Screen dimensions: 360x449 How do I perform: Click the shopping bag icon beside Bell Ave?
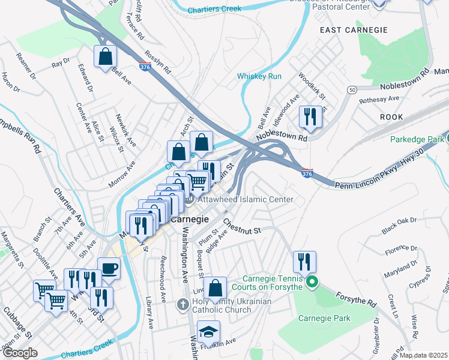(105, 58)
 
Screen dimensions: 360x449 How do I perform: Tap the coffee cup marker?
(109, 268)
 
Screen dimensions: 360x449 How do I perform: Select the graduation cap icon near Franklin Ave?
(208, 332)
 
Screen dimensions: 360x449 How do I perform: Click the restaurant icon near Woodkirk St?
(310, 116)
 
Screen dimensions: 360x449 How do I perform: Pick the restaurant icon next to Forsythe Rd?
(304, 262)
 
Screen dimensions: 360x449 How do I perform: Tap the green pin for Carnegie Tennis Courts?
(311, 281)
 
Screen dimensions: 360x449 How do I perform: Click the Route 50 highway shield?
(351, 89)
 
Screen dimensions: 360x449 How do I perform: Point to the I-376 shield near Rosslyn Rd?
(145, 68)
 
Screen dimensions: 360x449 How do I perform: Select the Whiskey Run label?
(259, 76)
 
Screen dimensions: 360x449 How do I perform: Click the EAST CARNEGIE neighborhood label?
(349, 30)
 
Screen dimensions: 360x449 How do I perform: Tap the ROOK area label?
(391, 118)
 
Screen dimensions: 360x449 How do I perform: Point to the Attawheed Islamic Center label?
(247, 199)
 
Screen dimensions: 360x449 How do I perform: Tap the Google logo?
(20, 353)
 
